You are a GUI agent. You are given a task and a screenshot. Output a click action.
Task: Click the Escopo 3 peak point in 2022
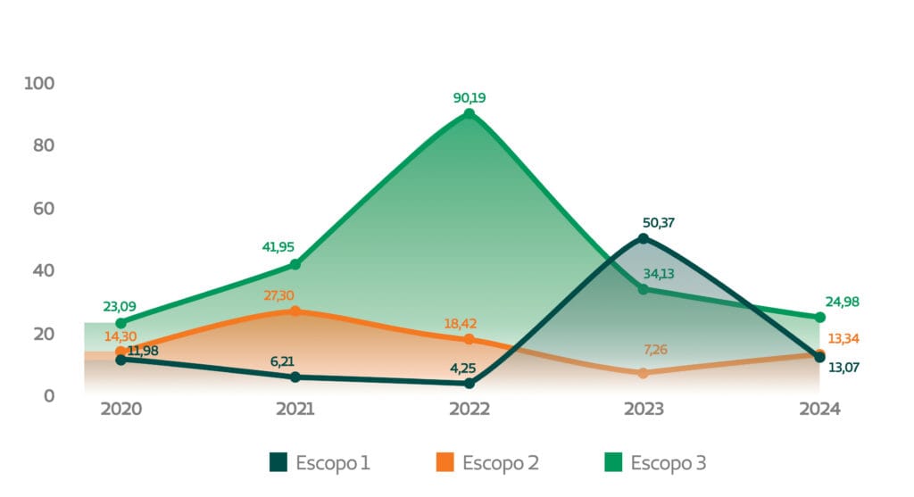coord(469,114)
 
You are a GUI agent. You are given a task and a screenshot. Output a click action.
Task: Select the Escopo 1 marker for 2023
coord(644,238)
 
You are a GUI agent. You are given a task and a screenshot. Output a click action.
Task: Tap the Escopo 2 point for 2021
coord(295,311)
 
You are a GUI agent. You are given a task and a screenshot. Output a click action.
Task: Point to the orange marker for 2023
coord(644,373)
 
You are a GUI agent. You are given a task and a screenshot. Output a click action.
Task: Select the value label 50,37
coord(659,222)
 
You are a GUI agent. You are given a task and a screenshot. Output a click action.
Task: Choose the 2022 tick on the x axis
coord(469,410)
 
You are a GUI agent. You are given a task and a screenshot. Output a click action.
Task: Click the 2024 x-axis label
coord(819,410)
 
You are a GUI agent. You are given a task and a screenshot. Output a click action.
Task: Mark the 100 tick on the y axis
coord(39,83)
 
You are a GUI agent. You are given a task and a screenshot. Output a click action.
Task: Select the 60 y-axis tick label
coord(41,208)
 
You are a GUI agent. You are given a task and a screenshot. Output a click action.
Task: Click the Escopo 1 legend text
coord(334,462)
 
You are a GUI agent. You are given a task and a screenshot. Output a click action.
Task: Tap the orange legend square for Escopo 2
coord(445,462)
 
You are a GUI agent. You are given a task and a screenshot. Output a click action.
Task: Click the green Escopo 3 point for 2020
coord(120,323)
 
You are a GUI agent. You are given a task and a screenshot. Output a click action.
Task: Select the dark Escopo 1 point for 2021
coord(295,377)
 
